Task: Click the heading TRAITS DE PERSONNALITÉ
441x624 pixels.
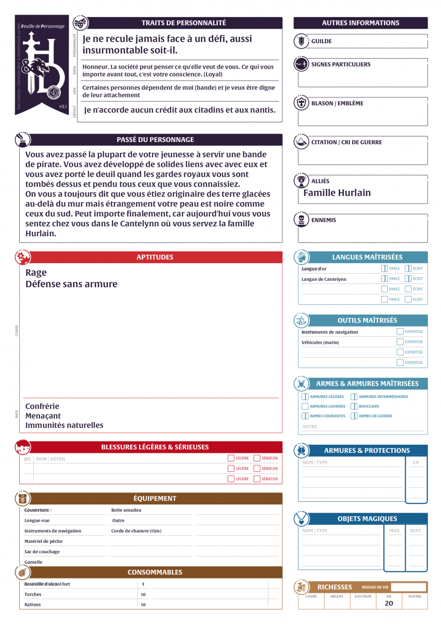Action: pos(184,23)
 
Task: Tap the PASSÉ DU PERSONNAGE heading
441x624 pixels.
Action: pos(155,139)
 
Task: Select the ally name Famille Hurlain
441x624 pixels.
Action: pos(337,193)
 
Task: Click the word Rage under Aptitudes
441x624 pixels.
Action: pos(36,272)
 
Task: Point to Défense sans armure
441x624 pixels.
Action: pos(71,284)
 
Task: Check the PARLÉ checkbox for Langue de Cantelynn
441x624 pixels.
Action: pos(384,279)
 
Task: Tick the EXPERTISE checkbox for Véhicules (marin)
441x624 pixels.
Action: pos(400,342)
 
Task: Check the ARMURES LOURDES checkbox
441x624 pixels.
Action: pos(305,406)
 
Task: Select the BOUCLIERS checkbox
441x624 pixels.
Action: pos(354,406)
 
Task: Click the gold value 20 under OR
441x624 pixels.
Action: pos(389,603)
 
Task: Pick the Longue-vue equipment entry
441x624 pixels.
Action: pos(37,521)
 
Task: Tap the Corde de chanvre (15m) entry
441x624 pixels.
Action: pos(136,531)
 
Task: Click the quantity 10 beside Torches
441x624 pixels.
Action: pos(143,594)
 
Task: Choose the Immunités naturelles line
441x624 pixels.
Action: pos(64,425)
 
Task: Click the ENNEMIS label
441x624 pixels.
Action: pos(323,220)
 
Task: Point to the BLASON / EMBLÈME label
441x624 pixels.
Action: pos(337,103)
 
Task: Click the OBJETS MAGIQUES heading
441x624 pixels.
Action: pos(367,518)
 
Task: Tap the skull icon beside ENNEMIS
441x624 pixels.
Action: pos(301,220)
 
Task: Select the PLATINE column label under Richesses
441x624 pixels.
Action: pos(415,596)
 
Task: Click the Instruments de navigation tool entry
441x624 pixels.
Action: pos(330,332)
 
